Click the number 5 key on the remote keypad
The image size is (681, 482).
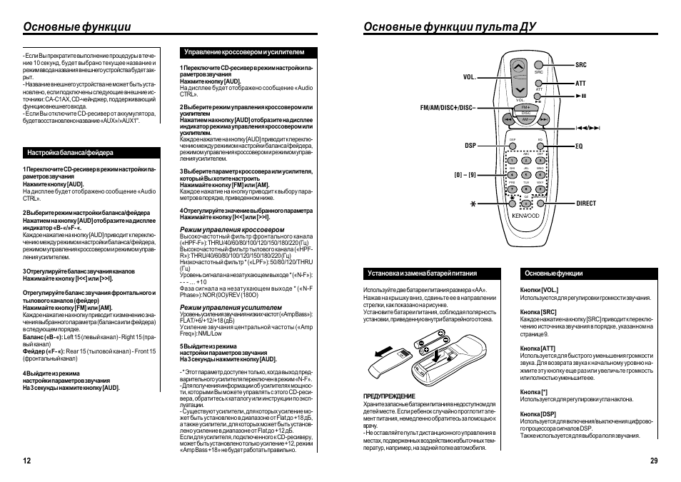526,174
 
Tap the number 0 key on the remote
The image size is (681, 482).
526,203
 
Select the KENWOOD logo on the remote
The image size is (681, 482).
525,215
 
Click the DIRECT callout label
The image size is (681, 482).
586,204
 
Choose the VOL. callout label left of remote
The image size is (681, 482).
469,76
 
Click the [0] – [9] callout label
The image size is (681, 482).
465,174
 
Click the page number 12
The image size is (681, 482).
27,461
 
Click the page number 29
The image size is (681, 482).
653,461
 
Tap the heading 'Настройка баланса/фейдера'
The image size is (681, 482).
70,153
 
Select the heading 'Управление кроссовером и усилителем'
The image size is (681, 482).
244,52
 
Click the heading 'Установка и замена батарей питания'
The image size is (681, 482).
422,273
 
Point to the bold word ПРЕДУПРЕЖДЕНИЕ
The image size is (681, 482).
389,396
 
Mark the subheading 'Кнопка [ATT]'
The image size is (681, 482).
538,348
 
